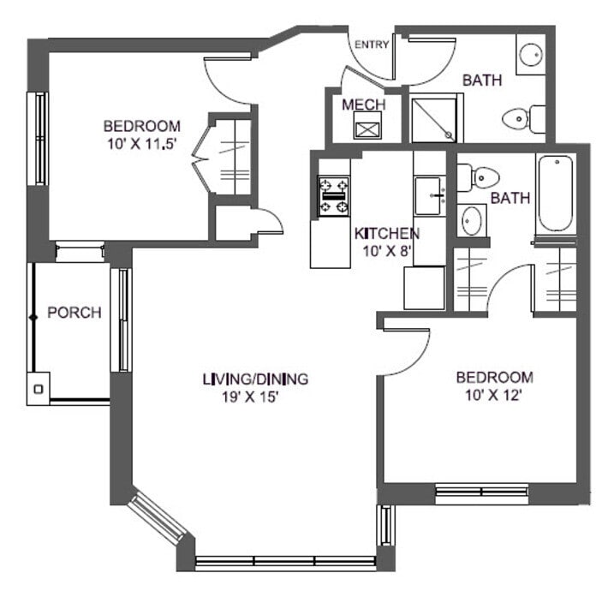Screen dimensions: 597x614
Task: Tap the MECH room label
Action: tap(363, 104)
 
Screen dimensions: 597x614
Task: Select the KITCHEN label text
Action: tap(386, 233)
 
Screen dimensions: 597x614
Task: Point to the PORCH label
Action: tap(74, 313)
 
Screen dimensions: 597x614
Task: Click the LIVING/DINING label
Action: tap(255, 379)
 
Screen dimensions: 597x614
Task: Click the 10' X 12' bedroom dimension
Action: tap(494, 395)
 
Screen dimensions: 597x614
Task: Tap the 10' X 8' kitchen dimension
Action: tap(386, 251)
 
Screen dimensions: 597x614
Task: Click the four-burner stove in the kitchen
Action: tap(334, 196)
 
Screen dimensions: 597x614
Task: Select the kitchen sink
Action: tap(429, 195)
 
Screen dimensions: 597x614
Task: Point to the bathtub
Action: tap(554, 193)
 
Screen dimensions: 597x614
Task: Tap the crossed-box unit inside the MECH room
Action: tap(367, 130)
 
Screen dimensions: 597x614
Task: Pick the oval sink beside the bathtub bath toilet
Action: tap(471, 220)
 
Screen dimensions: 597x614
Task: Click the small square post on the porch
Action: tap(38, 389)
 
